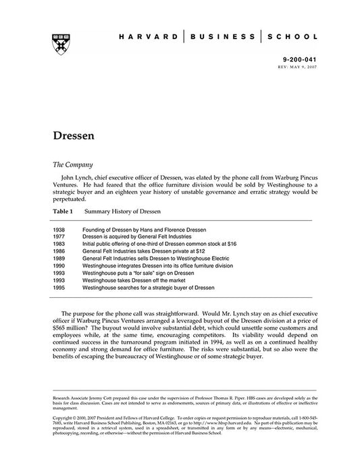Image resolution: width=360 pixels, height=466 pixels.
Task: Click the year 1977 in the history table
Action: (x=59, y=237)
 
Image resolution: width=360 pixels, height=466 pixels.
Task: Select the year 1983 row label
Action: (x=59, y=244)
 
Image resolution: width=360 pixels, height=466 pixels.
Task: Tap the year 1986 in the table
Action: (x=59, y=250)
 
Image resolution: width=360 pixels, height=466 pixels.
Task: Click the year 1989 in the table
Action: (x=59, y=257)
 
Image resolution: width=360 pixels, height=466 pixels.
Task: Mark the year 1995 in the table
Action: (x=59, y=288)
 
